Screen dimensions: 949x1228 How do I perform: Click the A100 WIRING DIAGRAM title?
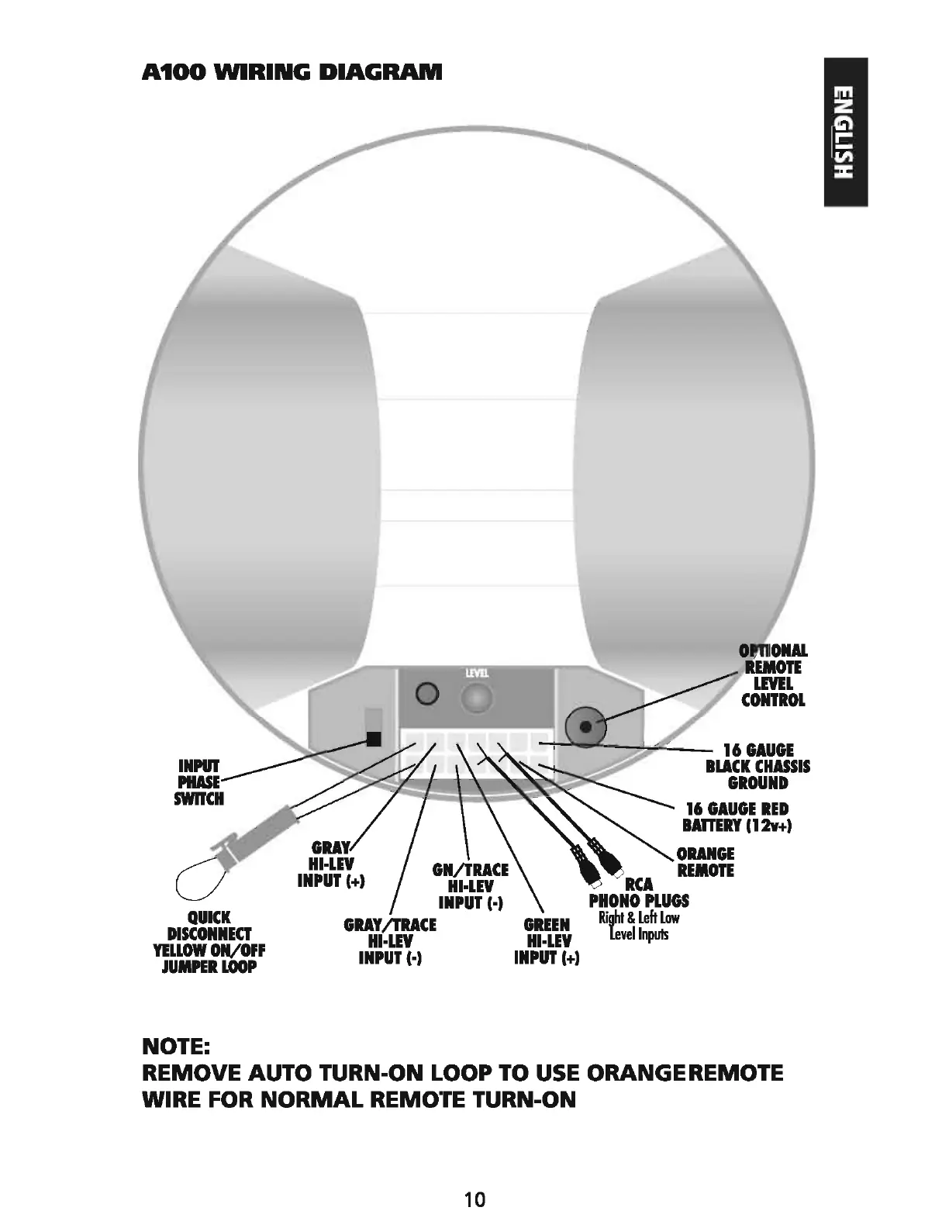[292, 73]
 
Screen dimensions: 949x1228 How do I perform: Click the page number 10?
[474, 1200]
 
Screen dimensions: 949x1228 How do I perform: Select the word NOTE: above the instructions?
[177, 1047]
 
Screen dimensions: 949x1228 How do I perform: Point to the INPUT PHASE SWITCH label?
[199, 782]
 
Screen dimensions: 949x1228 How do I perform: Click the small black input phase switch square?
[374, 739]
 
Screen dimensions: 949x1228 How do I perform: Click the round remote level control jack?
[585, 726]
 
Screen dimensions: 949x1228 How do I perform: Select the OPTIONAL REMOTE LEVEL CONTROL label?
[773, 675]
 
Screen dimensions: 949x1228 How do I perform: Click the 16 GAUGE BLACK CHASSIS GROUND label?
[757, 766]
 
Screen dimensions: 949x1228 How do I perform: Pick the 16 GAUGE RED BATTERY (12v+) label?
[737, 817]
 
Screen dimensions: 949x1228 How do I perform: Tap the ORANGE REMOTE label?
[705, 862]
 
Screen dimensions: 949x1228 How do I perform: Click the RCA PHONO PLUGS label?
[639, 892]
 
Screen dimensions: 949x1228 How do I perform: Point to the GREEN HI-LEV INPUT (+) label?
[547, 941]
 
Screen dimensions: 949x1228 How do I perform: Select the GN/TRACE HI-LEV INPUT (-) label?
[471, 886]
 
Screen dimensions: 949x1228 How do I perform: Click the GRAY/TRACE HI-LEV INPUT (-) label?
[390, 941]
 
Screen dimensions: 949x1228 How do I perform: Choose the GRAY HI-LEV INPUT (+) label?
[331, 864]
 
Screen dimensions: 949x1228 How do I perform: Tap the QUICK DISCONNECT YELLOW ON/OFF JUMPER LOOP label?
[209, 942]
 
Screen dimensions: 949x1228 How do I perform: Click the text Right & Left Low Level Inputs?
[639, 926]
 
